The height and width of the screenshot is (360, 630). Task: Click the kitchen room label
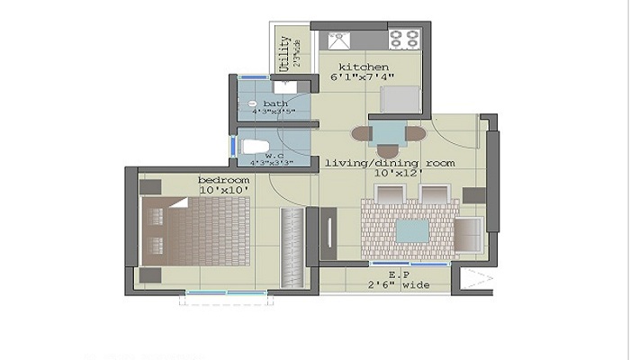(364, 67)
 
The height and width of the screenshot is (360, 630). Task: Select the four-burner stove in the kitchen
(404, 40)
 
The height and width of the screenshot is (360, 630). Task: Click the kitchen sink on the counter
(338, 40)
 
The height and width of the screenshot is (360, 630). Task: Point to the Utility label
(284, 52)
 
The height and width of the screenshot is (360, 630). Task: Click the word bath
(275, 103)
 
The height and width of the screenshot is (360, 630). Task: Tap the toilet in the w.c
(256, 147)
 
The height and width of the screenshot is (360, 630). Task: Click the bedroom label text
(224, 180)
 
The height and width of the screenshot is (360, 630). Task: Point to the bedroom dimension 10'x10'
(224, 191)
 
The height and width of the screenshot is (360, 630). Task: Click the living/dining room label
(389, 162)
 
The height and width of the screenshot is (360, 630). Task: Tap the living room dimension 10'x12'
(389, 173)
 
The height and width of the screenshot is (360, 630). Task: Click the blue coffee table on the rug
(412, 230)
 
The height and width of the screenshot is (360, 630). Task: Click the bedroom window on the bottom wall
(225, 292)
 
